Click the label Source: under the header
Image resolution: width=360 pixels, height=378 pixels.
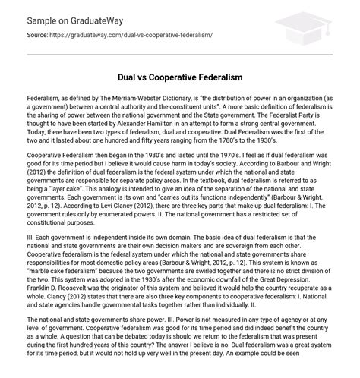[35, 36]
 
